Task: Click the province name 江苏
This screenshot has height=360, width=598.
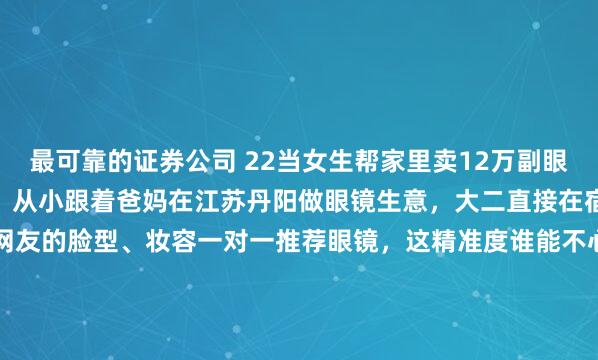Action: click(x=205, y=204)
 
